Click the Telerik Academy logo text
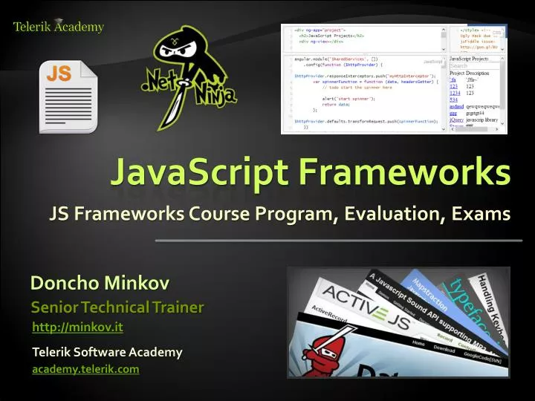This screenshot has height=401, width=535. [x=59, y=27]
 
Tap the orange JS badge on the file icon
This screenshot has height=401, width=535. [x=59, y=75]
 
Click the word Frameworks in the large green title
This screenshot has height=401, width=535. [x=404, y=172]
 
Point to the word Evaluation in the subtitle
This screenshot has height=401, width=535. [x=391, y=214]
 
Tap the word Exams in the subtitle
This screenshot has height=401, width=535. [x=479, y=214]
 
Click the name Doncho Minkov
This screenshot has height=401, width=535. [x=100, y=283]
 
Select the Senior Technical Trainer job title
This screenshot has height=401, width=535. [x=117, y=307]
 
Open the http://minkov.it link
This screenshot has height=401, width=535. [x=78, y=327]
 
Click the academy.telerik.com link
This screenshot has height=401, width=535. [x=85, y=369]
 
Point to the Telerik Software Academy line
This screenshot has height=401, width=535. [x=107, y=351]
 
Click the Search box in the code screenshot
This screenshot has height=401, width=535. [x=468, y=66]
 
